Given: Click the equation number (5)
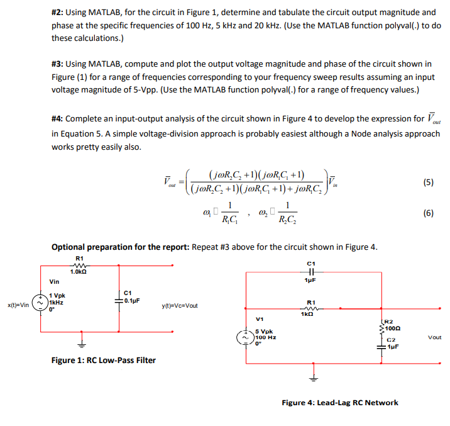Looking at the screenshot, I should (x=428, y=183).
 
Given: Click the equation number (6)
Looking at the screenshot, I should (x=428, y=213).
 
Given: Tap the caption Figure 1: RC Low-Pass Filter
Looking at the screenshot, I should (x=104, y=360).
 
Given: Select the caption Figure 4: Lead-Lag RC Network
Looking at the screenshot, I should (x=339, y=403).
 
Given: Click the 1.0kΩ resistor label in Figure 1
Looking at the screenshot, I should (x=79, y=272).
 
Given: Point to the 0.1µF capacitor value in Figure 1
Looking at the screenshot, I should (x=131, y=300).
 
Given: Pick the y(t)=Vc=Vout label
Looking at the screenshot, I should (x=180, y=306).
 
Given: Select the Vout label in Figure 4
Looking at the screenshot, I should (x=434, y=337).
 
